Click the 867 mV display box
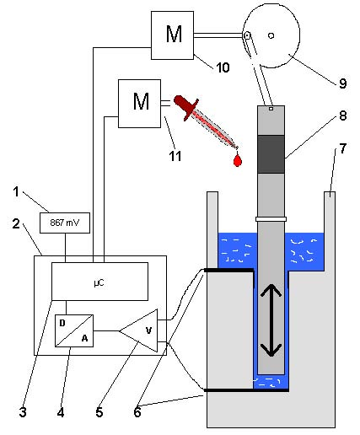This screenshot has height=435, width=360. (65, 223)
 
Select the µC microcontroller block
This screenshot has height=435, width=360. (99, 282)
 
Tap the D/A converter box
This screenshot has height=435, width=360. (74, 330)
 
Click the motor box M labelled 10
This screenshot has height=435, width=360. (172, 35)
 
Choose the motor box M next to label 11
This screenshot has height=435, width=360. (139, 104)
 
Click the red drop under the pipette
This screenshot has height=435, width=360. (238, 160)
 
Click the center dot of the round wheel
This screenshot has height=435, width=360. (271, 35)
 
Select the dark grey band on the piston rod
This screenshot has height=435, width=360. (271, 154)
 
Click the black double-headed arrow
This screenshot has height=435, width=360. (271, 320)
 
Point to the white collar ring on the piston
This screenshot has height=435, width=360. (271, 219)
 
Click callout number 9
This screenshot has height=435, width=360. (342, 83)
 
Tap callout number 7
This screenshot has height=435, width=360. (342, 148)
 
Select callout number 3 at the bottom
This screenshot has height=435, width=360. (23, 412)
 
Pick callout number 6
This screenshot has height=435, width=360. (137, 412)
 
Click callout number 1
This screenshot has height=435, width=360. (16, 191)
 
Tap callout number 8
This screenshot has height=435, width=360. (343, 115)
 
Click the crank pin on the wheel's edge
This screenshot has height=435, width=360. (247, 35)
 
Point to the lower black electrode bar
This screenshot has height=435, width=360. (246, 390)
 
